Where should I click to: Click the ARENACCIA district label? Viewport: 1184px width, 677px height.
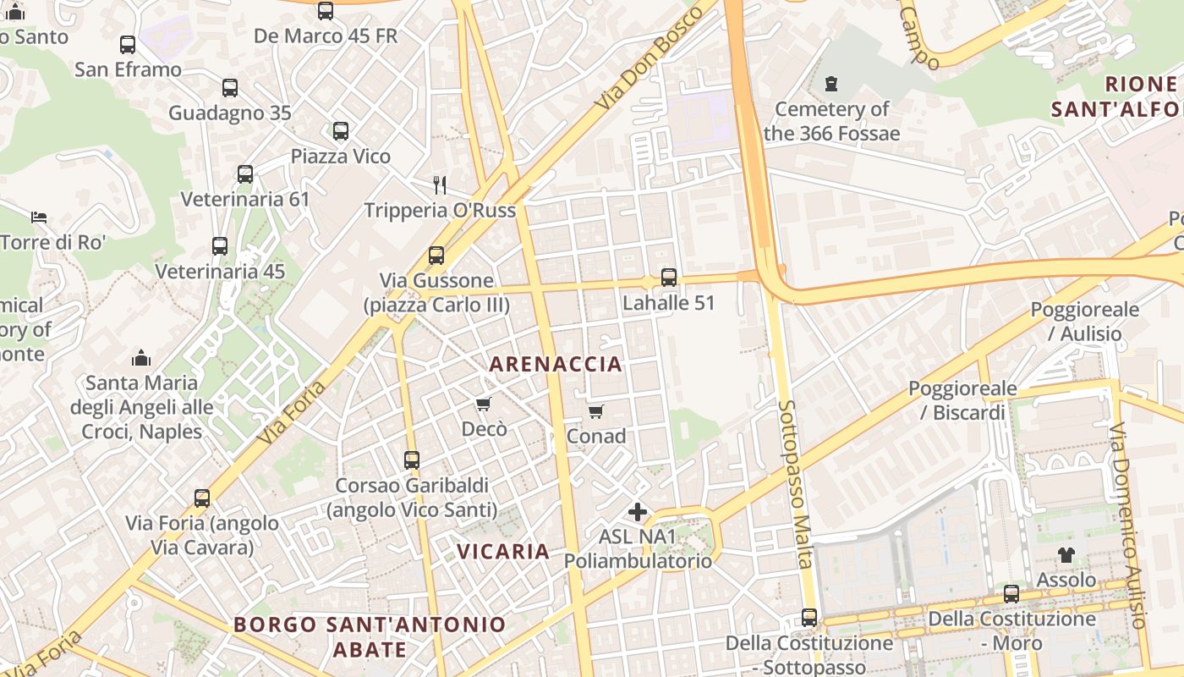(x=556, y=365)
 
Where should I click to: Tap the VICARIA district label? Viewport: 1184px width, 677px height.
(x=503, y=551)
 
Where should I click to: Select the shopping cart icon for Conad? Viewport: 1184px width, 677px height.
(x=596, y=412)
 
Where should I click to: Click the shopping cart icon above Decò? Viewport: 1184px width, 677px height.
(x=484, y=405)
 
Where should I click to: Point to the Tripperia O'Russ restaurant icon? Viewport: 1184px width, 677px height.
(x=440, y=185)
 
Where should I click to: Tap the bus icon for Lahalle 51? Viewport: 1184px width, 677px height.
(x=669, y=278)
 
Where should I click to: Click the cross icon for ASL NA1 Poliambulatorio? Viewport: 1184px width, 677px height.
(x=638, y=512)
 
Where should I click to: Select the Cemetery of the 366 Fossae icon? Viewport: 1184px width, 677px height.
(x=831, y=84)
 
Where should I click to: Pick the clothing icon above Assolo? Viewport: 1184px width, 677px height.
(x=1066, y=555)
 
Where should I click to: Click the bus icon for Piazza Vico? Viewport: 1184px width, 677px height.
(x=341, y=131)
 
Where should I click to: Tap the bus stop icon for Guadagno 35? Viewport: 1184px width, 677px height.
(x=230, y=87)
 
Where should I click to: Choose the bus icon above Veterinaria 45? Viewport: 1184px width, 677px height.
(x=220, y=246)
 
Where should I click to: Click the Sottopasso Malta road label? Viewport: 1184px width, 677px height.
(x=796, y=483)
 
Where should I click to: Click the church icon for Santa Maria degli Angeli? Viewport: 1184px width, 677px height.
(x=141, y=358)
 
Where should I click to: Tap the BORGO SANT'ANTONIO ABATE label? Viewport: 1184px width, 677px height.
(x=370, y=636)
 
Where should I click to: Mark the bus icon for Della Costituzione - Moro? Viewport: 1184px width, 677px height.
(x=1011, y=594)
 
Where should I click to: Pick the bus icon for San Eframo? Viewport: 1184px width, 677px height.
(x=128, y=45)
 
